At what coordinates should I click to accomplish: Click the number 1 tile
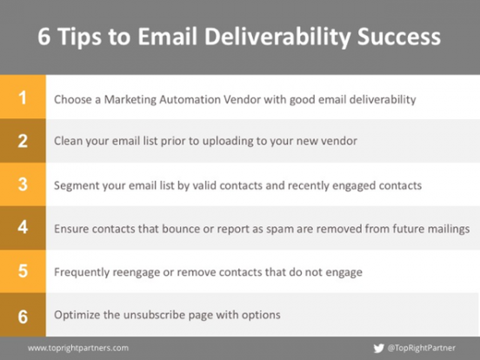(23, 98)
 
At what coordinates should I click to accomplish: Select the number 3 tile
(23, 185)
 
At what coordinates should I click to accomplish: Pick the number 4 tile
(23, 229)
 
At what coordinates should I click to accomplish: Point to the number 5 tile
(23, 272)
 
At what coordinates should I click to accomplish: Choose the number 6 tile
(23, 316)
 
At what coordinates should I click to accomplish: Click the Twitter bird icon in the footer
(378, 348)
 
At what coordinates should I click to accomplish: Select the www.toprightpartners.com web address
(78, 348)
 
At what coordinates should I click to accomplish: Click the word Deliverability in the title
(287, 37)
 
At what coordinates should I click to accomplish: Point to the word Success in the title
(401, 37)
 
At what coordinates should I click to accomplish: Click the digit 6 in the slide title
(45, 37)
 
